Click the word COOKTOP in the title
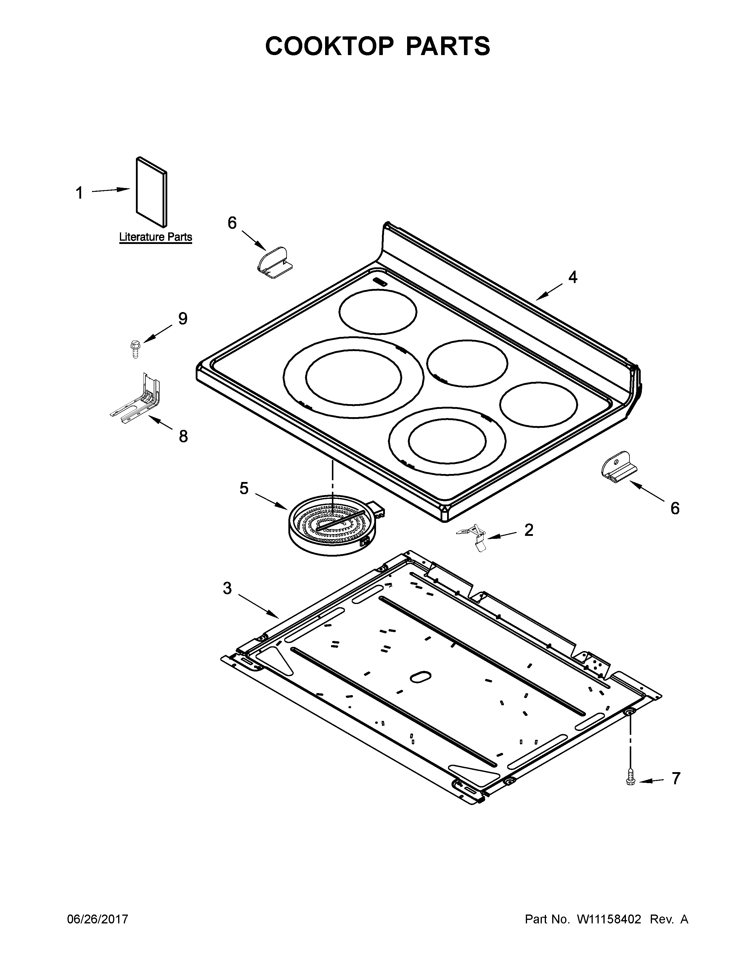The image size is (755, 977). point(329,46)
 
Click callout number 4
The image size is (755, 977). point(573,277)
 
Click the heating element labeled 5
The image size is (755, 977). point(331,521)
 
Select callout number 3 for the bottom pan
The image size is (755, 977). point(227,588)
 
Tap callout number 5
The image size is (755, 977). point(244,488)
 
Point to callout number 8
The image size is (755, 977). point(183,436)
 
